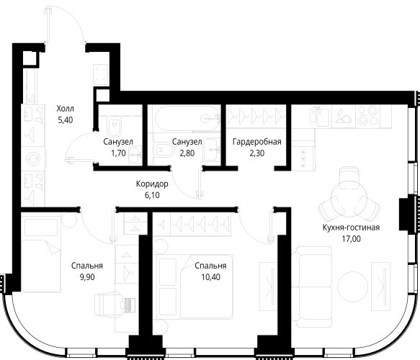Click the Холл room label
[65, 109]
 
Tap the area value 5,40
[66, 120]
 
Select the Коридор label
[152, 184]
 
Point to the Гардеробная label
[257, 142]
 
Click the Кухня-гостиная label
[351, 228]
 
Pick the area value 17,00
[351, 239]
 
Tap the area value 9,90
[87, 277]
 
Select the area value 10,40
[211, 277]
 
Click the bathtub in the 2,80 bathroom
[188, 118]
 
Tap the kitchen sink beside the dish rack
[319, 117]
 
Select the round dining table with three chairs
[349, 197]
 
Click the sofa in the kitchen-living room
[312, 287]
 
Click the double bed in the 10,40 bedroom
[196, 287]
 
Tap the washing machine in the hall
[33, 158]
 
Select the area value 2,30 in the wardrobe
[257, 153]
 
